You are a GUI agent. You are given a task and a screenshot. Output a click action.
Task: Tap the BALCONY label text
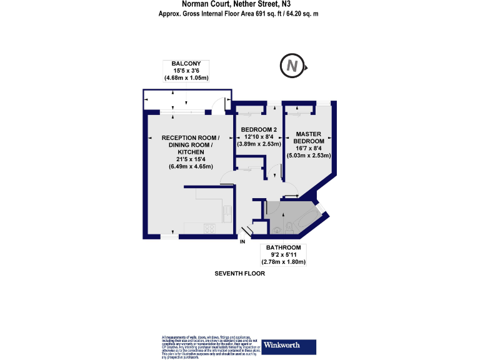(x=186, y=63)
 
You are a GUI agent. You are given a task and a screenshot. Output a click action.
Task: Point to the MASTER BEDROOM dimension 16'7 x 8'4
(x=308, y=148)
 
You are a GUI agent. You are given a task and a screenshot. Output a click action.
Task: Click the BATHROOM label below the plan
(x=283, y=247)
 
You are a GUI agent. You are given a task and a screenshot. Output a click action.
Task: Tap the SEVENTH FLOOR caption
(x=239, y=274)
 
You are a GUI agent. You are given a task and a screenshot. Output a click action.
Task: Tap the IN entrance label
(x=242, y=241)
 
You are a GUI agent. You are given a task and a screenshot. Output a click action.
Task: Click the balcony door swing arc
(x=218, y=106)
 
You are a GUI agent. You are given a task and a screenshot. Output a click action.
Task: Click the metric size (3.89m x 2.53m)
(x=259, y=144)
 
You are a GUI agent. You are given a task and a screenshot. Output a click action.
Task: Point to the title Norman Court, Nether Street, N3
(x=240, y=4)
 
